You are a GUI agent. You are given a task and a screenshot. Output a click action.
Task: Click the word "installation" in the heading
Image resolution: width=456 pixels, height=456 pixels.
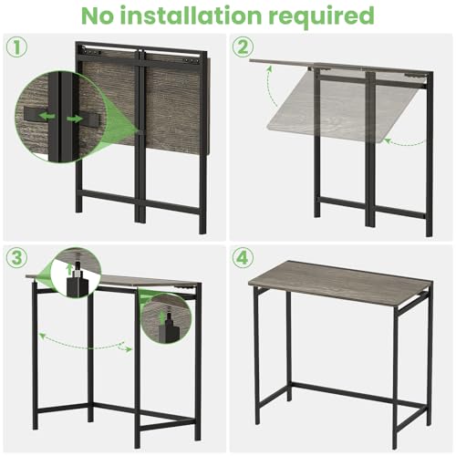[197, 16]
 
